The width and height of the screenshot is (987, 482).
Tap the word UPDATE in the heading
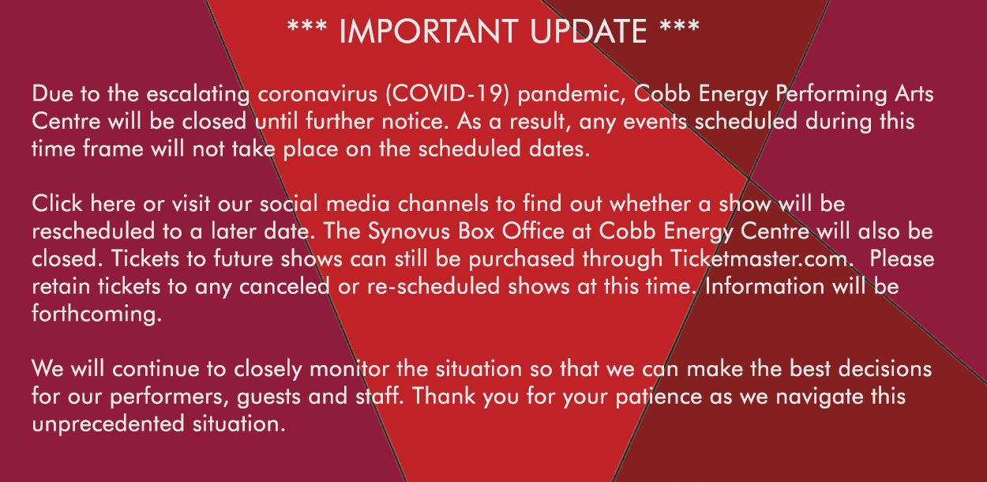[x=589, y=32]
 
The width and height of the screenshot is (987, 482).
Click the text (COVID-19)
[x=447, y=94]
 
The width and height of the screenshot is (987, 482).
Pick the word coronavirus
[x=317, y=94]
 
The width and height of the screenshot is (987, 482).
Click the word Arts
[x=914, y=94]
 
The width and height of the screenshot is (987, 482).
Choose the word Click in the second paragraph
[x=58, y=204]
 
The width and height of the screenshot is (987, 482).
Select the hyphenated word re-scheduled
[x=433, y=286]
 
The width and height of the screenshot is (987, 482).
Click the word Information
[x=764, y=286]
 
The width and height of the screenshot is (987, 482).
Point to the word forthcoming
[x=97, y=314]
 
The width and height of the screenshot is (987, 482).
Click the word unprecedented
[x=108, y=424]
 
